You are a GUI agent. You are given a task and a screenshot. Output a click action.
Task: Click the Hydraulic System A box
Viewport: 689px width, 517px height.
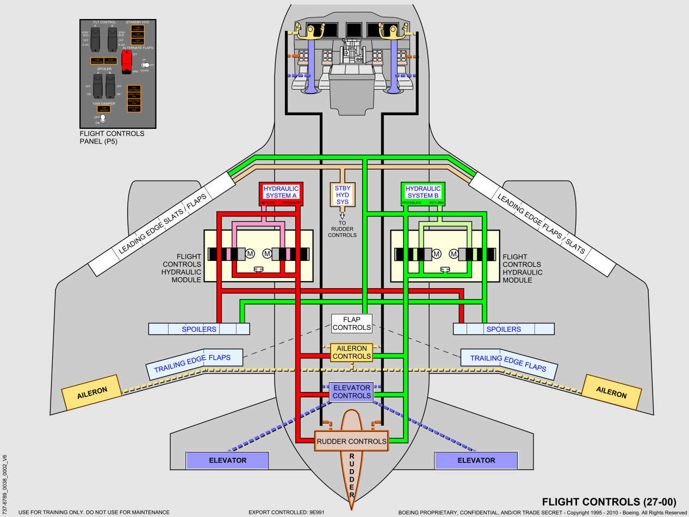click(x=281, y=193)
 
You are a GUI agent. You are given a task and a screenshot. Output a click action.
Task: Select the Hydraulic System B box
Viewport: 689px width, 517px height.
click(x=423, y=193)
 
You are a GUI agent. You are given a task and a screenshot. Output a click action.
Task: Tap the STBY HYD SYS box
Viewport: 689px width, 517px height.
click(x=343, y=194)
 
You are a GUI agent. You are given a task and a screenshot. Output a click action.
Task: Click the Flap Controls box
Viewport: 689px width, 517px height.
click(x=352, y=323)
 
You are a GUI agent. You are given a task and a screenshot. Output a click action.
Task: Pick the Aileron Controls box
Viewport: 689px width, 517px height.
click(x=352, y=352)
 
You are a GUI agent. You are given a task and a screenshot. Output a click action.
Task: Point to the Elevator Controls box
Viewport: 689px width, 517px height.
click(x=352, y=391)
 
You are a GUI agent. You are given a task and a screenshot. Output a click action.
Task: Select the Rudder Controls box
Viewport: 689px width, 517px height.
click(x=352, y=441)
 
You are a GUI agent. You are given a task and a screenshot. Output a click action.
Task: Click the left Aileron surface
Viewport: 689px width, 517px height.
click(x=92, y=391)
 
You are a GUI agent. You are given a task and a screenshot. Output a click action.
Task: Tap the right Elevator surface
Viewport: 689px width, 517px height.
click(x=476, y=460)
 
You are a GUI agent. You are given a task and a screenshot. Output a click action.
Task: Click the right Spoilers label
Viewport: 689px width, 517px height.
click(x=504, y=329)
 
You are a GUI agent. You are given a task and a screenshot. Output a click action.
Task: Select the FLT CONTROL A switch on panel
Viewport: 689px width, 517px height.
click(x=96, y=39)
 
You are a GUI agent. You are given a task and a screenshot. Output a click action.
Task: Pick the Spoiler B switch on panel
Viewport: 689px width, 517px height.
click(x=111, y=86)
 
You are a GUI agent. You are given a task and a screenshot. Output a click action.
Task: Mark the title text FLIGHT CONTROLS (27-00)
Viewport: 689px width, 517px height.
click(x=609, y=501)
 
